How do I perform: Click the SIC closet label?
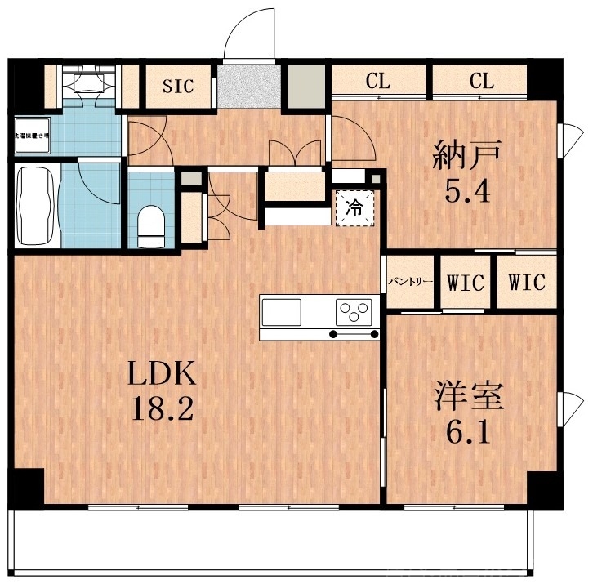pyautogui.click(x=178, y=86)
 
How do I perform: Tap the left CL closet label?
pyautogui.click(x=378, y=81)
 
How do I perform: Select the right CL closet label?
pyautogui.click(x=482, y=81)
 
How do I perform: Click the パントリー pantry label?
pyautogui.click(x=410, y=283)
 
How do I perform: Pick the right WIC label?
pyautogui.click(x=527, y=283)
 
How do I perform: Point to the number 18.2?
pyautogui.click(x=163, y=408)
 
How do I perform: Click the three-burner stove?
pyautogui.click(x=354, y=311)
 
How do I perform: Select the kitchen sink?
pyautogui.click(x=282, y=311)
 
